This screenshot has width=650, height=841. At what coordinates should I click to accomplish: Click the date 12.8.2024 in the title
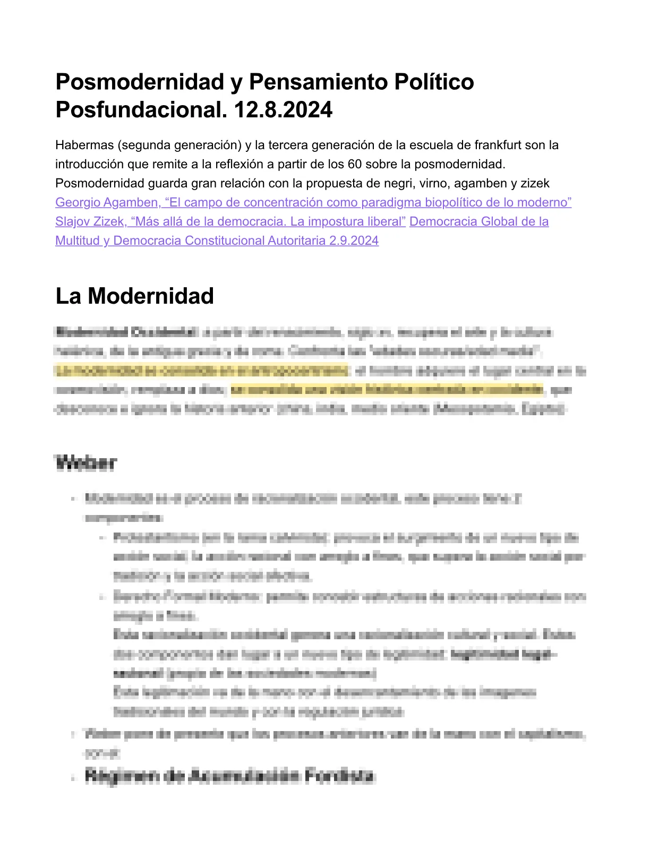(x=283, y=110)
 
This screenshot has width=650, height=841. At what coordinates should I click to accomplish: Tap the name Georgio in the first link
(x=78, y=202)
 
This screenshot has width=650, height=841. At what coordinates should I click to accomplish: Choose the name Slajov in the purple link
(x=72, y=221)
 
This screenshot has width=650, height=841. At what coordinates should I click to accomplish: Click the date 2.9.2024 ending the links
(x=354, y=241)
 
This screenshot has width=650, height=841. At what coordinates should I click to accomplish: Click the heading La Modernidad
(x=134, y=296)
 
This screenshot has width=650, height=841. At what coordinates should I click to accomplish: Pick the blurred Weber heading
(x=85, y=462)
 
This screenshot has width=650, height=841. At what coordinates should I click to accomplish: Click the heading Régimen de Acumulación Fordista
(x=229, y=776)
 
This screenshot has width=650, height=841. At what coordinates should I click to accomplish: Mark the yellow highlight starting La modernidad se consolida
(x=202, y=370)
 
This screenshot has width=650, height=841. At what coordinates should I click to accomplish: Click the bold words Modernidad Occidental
(x=125, y=332)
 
